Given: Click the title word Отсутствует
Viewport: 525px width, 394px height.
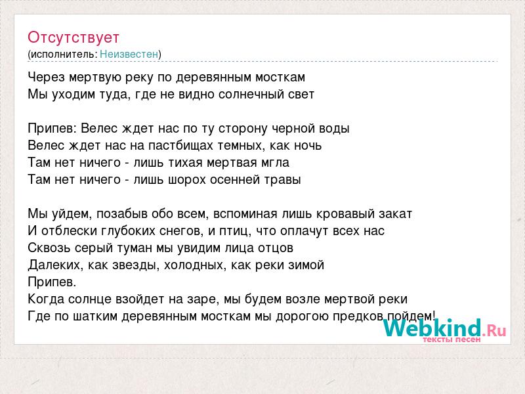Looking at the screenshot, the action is [x=73, y=37].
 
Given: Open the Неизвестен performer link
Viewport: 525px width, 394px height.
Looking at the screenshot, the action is [x=129, y=54].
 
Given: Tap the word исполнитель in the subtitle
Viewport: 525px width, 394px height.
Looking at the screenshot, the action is [x=64, y=55].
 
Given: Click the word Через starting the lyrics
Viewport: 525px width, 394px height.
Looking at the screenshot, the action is [x=46, y=77].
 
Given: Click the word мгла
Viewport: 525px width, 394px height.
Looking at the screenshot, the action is [x=276, y=163].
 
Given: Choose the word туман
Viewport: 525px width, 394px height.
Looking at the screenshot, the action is [x=134, y=248].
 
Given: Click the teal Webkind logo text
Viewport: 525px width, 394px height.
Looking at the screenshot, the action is [x=432, y=328].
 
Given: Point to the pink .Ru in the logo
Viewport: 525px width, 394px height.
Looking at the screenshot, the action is [x=495, y=331].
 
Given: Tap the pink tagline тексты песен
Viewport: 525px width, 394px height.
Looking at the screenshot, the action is [x=451, y=339].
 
